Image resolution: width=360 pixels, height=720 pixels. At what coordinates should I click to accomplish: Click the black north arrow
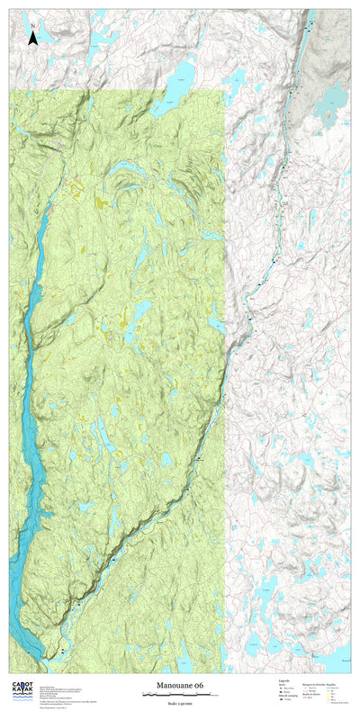pos(33,38)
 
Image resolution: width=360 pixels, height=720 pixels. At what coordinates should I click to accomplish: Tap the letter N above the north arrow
pos(33,26)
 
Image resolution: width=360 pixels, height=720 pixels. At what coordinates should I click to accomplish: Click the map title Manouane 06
pos(180,686)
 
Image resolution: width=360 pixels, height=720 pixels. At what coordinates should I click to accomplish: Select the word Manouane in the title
pos(174,686)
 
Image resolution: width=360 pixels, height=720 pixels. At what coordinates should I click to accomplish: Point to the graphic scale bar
pos(180,695)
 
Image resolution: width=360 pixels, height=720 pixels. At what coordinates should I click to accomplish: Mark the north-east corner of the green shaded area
pos(222,91)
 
